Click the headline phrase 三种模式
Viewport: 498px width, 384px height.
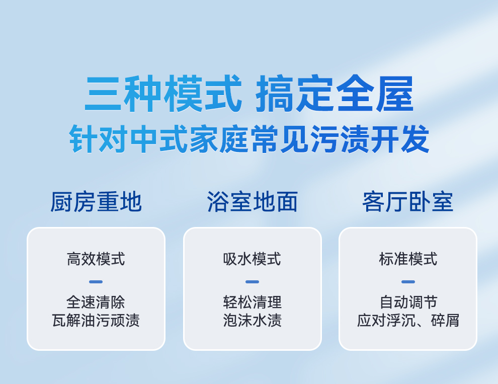pos(163,94)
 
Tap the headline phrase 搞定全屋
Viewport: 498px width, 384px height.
pos(335,94)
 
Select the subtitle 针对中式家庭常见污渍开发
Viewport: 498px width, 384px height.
pos(250,139)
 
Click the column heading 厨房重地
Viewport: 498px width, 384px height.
pos(96,202)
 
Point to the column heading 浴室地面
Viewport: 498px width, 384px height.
pos(252,202)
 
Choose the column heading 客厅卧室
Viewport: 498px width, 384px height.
pos(408,202)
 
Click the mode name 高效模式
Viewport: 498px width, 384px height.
pos(96,259)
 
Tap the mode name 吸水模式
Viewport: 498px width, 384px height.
pos(252,259)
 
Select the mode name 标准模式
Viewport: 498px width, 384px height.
pos(408,259)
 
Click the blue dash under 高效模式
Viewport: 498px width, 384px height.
pos(96,282)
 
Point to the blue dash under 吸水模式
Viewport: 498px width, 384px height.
pos(252,282)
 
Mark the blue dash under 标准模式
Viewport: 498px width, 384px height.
pos(408,282)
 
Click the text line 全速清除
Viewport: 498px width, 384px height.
pos(96,302)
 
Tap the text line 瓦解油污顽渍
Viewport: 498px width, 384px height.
pos(96,320)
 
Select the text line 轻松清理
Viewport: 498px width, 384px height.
pos(252,302)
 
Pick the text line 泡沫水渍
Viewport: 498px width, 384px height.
pos(252,320)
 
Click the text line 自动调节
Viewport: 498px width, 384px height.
pos(408,302)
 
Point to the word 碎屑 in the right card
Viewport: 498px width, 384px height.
pos(445,320)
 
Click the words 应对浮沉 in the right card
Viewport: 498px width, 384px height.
pos(386,320)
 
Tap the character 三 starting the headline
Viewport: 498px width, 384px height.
pos(103,94)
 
